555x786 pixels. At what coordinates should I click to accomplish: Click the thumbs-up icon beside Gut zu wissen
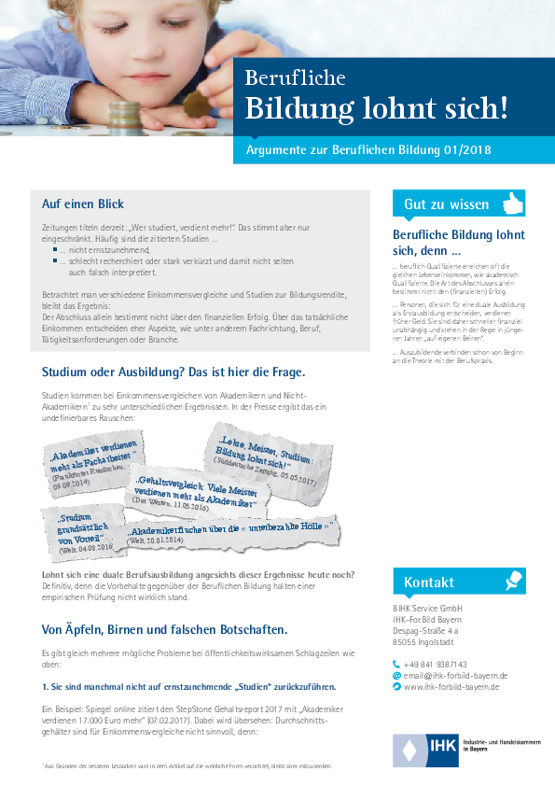coord(512,203)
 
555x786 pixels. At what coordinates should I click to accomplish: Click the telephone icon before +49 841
coord(396,639)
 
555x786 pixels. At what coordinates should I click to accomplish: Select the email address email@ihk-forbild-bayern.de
coord(455,650)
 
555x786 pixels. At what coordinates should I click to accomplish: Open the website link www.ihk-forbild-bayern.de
coord(451,661)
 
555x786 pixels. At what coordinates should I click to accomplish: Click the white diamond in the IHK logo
coord(408,750)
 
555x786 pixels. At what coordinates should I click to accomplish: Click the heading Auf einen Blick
coord(83,204)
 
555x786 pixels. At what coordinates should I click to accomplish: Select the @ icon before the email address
coord(396,650)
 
